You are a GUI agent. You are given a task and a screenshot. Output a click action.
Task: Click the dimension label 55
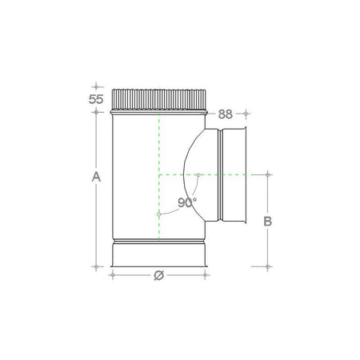(96, 100)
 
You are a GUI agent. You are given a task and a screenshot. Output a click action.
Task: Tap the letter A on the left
(96, 176)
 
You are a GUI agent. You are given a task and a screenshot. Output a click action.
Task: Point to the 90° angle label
(187, 203)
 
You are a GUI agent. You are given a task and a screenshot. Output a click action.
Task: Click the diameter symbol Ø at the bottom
(158, 275)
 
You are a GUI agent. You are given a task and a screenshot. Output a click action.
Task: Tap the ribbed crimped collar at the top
(159, 99)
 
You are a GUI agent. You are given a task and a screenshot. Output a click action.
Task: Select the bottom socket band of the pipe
(159, 254)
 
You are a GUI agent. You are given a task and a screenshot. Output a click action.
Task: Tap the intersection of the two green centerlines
(159, 174)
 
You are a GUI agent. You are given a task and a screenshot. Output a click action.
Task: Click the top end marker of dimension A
(96, 111)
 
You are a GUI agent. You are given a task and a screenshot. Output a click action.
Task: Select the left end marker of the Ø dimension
(111, 275)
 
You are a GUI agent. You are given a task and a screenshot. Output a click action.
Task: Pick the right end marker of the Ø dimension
(208, 275)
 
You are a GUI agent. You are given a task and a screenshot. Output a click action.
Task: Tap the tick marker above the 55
(96, 85)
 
